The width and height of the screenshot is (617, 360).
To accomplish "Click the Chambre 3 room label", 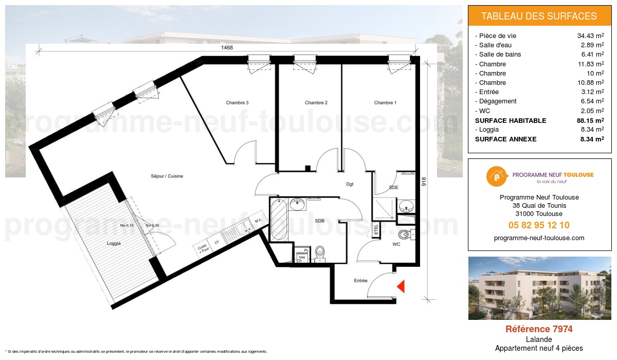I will [x=237, y=103].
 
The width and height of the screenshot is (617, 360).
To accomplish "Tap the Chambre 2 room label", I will [x=316, y=103].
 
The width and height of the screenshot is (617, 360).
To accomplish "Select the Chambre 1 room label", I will [x=385, y=103].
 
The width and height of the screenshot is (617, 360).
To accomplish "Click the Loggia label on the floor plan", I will [x=114, y=244].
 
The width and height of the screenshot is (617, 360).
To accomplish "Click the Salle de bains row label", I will [x=500, y=55].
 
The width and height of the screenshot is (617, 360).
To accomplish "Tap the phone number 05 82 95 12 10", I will [x=539, y=225].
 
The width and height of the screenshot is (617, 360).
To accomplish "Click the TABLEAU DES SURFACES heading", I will [x=539, y=16].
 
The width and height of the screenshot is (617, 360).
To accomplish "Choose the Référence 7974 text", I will [x=539, y=329].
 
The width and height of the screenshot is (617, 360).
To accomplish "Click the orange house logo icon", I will [x=496, y=176].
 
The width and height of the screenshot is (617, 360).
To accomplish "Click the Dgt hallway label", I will [x=350, y=184].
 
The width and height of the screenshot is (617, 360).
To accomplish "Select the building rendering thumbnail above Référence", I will [x=539, y=288].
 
